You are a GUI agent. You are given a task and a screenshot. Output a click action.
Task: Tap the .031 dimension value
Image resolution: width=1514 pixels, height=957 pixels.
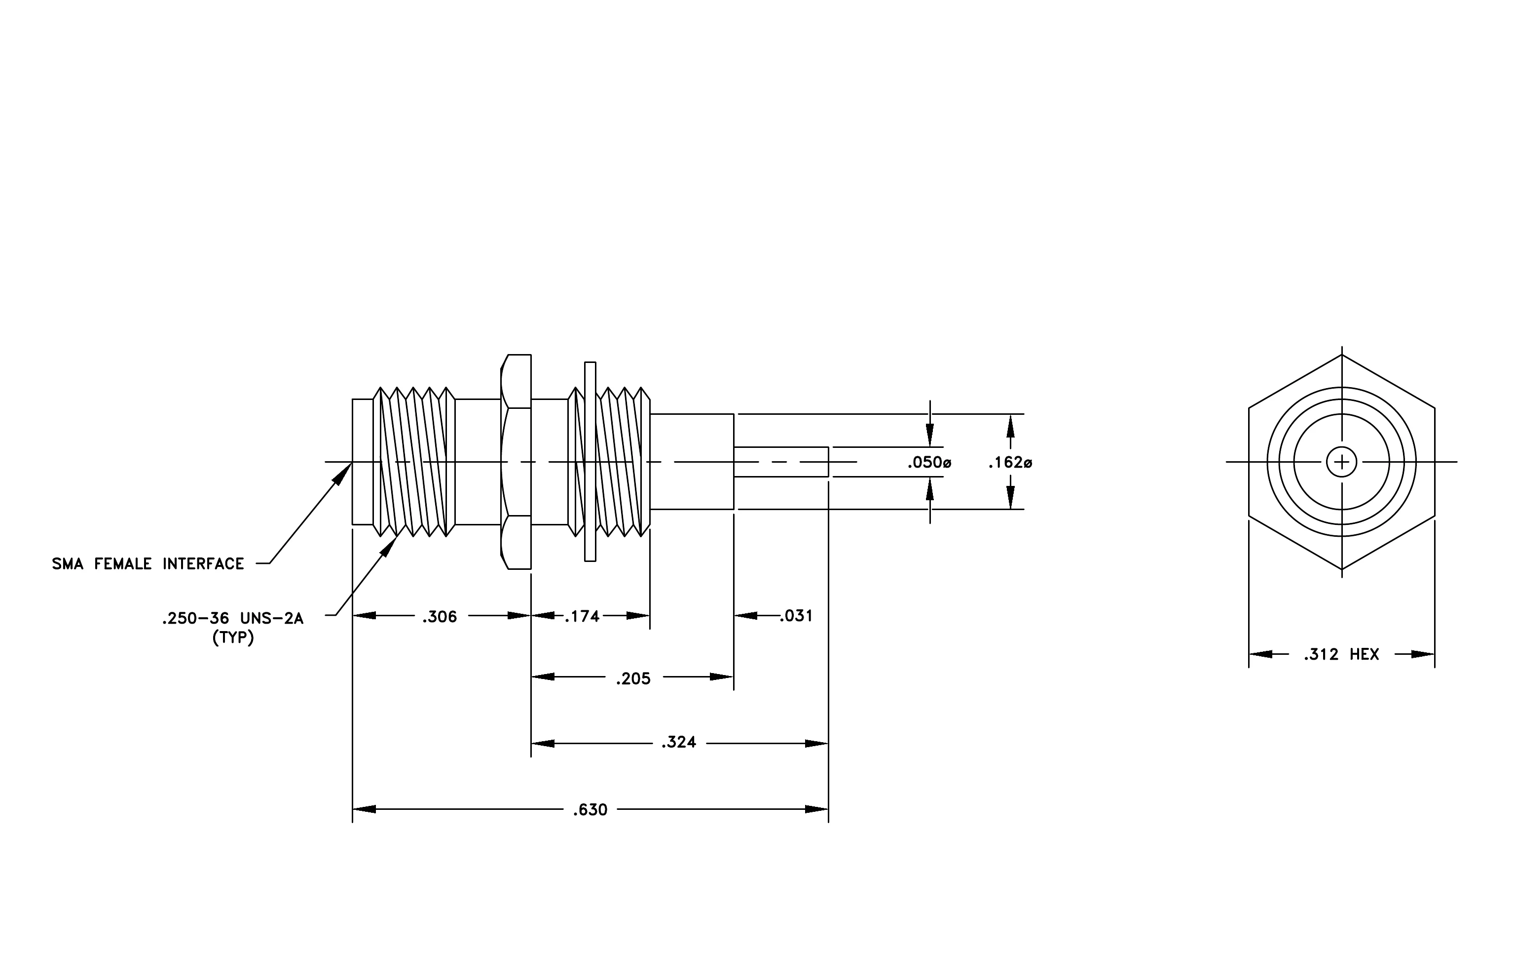click(x=796, y=616)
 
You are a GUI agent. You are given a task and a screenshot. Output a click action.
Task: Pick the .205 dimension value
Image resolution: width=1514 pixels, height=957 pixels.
click(x=633, y=679)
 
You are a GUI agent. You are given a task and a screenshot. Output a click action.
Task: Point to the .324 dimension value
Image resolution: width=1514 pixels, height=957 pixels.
click(x=678, y=743)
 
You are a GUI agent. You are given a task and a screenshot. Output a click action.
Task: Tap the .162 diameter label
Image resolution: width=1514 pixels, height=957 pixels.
click(x=1010, y=463)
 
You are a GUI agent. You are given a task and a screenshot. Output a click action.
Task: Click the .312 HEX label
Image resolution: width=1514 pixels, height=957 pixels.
click(x=1341, y=655)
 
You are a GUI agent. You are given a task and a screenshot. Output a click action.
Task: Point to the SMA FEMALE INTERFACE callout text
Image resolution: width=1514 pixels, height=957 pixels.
click(x=148, y=564)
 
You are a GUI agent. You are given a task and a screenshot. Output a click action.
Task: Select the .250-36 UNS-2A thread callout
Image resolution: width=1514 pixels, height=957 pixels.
click(x=233, y=619)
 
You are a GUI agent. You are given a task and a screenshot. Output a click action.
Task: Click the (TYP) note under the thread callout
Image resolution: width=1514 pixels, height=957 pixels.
click(x=233, y=638)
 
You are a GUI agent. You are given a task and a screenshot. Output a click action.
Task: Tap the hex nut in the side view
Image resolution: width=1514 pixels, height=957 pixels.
click(x=516, y=462)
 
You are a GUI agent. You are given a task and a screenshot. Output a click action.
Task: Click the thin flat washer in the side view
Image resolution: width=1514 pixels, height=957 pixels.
click(x=590, y=461)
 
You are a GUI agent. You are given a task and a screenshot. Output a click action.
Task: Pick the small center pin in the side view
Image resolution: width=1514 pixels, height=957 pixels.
click(x=781, y=462)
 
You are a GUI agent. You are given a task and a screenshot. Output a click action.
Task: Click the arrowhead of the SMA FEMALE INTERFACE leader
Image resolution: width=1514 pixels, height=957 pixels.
click(x=343, y=473)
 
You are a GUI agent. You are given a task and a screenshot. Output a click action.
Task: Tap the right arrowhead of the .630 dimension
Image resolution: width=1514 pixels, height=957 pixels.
click(x=817, y=809)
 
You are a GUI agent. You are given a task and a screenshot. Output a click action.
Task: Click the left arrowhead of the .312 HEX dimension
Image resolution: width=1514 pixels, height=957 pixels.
click(x=1260, y=654)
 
